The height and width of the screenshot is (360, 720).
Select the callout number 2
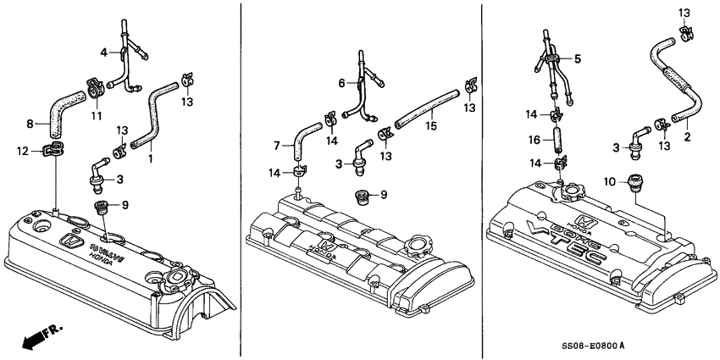point(686,136)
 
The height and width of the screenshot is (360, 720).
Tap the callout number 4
point(104,53)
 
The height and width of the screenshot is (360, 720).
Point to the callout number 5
point(579,58)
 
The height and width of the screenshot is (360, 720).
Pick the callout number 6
point(341,83)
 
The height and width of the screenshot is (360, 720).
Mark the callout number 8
point(30,124)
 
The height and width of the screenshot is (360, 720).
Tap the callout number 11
point(96,115)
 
